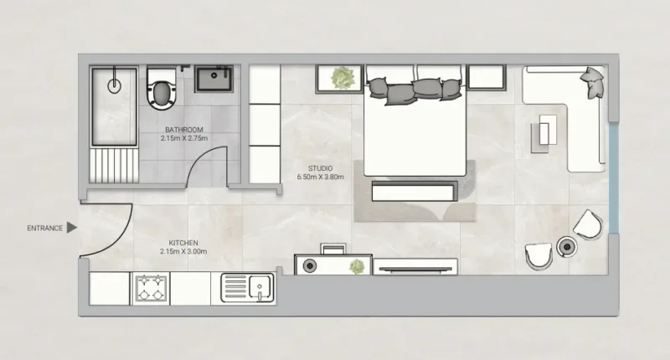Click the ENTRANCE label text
pyautogui.click(x=44, y=228)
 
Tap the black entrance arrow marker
pyautogui.click(x=72, y=227)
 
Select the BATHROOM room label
pyautogui.click(x=184, y=130)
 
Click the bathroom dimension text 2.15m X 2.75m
pyautogui.click(x=184, y=138)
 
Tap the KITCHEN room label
pyautogui.click(x=183, y=243)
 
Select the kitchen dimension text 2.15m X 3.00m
pyautogui.click(x=183, y=252)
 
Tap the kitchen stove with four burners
pyautogui.click(x=152, y=288)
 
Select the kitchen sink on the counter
pyautogui.click(x=249, y=288)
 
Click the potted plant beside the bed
pyautogui.click(x=341, y=79)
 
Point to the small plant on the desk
pyautogui.click(x=358, y=267)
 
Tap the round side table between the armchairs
pyautogui.click(x=567, y=247)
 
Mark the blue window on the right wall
pyautogui.click(x=614, y=180)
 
